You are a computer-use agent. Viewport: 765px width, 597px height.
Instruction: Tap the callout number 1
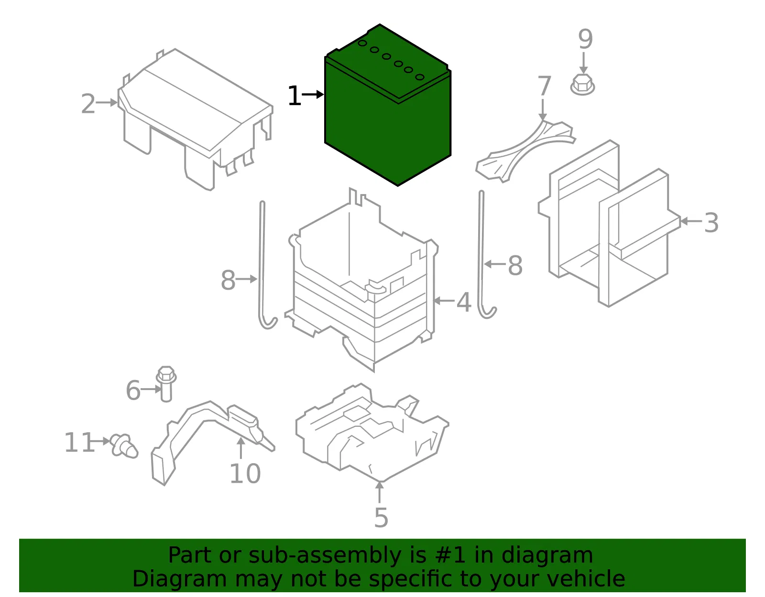click(x=295, y=96)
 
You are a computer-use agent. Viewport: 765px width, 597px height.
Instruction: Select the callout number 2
click(x=88, y=104)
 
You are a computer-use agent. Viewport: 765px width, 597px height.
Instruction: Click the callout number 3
click(x=711, y=223)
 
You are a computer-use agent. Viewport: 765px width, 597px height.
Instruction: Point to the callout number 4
click(x=464, y=302)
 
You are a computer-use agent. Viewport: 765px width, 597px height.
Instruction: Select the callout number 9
click(x=585, y=39)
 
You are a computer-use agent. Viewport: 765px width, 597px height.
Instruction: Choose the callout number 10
click(x=245, y=474)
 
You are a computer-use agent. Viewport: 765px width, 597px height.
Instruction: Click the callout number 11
click(x=79, y=442)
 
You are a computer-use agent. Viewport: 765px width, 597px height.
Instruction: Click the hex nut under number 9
click(x=583, y=85)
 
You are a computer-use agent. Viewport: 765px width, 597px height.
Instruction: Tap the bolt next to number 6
click(x=166, y=383)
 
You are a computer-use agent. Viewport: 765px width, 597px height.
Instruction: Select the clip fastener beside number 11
click(x=124, y=446)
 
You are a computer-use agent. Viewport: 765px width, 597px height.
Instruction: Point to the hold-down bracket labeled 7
click(x=525, y=151)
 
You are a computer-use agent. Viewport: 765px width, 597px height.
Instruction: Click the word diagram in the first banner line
click(x=547, y=556)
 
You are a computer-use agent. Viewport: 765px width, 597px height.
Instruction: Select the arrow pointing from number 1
click(x=313, y=94)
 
